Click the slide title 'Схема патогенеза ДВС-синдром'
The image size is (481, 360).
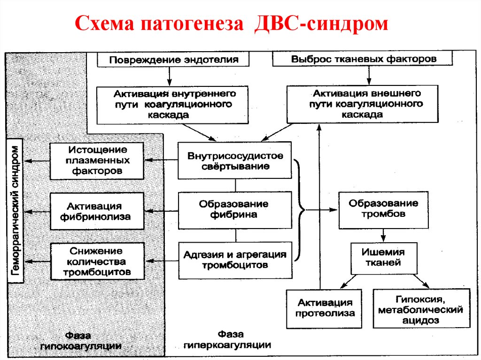[232, 24]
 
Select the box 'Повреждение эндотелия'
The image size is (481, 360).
[174, 59]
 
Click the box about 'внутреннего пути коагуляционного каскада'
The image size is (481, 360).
[172, 104]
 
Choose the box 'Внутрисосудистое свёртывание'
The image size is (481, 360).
[235, 161]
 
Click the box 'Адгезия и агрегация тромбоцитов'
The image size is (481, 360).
[235, 259]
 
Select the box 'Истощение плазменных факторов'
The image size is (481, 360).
[97, 161]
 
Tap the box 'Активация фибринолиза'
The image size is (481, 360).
[97, 211]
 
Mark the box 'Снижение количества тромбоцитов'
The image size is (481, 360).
[97, 261]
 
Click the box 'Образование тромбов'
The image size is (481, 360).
[383, 209]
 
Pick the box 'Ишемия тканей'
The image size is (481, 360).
[383, 257]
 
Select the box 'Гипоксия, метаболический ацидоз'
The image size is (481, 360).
[421, 309]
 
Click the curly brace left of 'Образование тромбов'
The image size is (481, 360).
[300, 210]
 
